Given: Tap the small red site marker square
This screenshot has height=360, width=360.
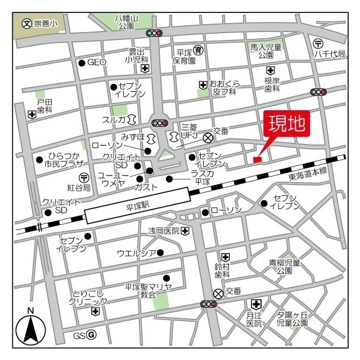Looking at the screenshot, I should click(257, 160).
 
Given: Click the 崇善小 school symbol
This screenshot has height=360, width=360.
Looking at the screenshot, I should click(25, 24).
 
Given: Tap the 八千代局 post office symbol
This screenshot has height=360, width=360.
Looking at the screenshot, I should click(318, 43).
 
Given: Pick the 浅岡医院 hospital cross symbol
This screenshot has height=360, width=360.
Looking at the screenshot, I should click(185, 231).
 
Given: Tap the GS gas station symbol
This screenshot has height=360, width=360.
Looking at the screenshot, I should click(92, 336).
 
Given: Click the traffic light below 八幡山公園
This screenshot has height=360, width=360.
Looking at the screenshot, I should click(154, 33).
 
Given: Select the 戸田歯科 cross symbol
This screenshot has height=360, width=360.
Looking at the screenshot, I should click(31, 114).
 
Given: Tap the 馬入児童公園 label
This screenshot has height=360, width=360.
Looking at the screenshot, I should click(266, 52).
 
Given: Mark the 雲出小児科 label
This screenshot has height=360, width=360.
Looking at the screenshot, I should click(137, 55).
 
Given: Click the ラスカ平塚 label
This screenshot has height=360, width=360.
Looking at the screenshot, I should click(202, 178).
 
